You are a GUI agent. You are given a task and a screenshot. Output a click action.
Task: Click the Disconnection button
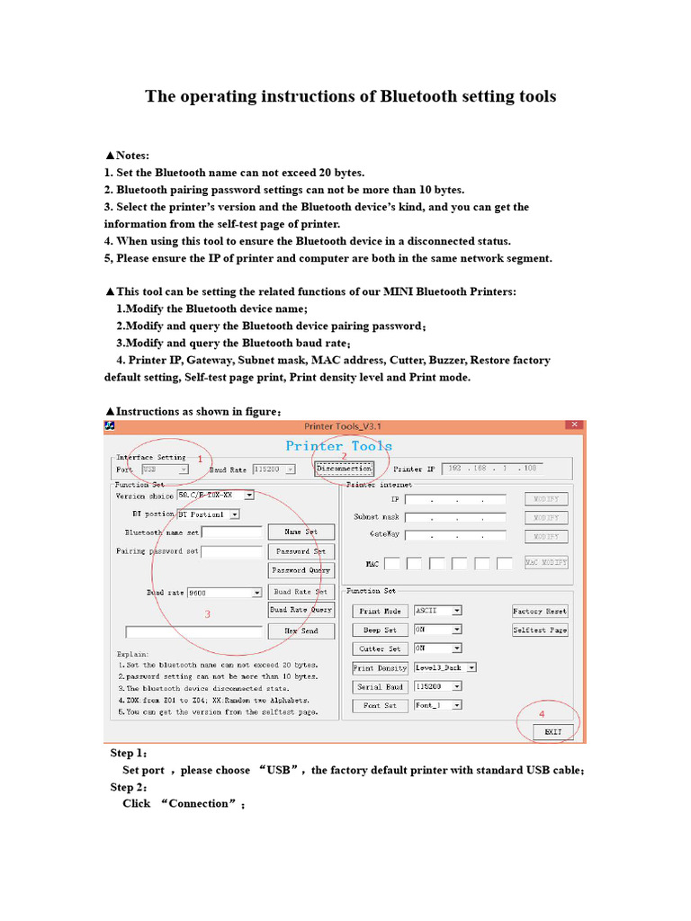(344, 469)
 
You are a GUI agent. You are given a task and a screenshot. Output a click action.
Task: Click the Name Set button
(301, 532)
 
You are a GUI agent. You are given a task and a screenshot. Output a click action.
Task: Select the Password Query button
(301, 570)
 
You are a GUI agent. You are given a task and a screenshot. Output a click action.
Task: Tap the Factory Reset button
(540, 611)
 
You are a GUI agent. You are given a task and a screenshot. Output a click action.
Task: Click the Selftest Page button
(540, 630)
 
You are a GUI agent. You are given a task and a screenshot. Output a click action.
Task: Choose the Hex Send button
(301, 631)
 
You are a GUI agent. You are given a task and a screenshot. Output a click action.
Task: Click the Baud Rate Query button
(301, 610)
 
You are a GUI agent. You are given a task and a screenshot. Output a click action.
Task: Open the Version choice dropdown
(249, 495)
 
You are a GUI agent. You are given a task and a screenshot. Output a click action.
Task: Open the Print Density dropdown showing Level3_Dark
(471, 668)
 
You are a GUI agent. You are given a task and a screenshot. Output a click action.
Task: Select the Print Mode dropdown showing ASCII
(457, 611)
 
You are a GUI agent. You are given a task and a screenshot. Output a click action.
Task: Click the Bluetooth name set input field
(232, 532)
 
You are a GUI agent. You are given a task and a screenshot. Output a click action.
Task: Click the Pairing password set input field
(232, 551)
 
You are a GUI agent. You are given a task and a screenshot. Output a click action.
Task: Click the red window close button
(573, 425)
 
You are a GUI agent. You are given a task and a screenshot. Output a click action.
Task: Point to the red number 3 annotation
(208, 614)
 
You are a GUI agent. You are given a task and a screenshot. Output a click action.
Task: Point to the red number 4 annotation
(541, 713)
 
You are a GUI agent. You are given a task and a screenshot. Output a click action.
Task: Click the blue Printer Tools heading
(338, 446)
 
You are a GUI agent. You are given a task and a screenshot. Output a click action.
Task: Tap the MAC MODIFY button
(546, 563)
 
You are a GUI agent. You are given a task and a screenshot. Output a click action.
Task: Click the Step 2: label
(129, 787)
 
